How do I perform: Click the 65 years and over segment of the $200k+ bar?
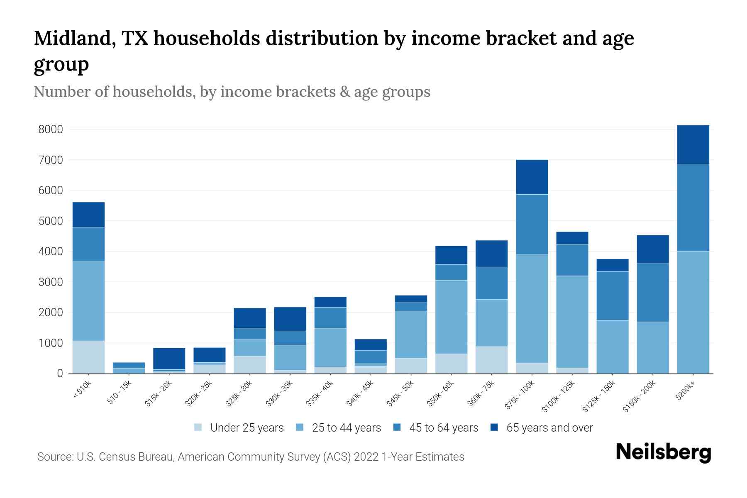pos(693,144)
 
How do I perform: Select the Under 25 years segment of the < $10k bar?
pos(88,357)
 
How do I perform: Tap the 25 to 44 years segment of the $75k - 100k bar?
pos(532,309)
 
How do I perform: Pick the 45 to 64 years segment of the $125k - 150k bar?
pos(612,295)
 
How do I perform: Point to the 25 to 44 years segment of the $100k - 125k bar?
pos(572,322)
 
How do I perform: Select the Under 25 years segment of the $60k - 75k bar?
pos(491,360)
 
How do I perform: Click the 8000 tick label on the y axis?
pos(51,129)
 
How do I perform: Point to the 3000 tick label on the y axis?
pos(51,282)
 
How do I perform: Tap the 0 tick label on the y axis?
pos(60,373)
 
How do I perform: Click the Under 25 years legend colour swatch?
pos(198,427)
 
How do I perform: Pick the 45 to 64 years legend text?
pos(444,427)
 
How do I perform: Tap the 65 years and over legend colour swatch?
pos(494,427)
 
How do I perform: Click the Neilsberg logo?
pos(663,452)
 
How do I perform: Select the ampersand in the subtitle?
pos(344,92)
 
